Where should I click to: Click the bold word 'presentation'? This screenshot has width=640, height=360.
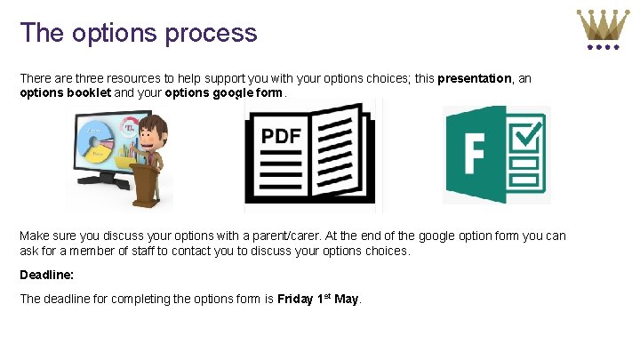pyautogui.click(x=475, y=78)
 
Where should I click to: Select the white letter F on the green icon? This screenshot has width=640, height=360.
pyautogui.click(x=472, y=156)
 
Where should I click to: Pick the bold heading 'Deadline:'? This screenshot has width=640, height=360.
pyautogui.click(x=46, y=276)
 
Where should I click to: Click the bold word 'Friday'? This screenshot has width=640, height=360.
pyautogui.click(x=295, y=299)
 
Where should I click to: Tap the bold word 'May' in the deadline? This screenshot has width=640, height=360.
pyautogui.click(x=347, y=299)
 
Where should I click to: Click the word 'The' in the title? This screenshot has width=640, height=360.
pyautogui.click(x=39, y=34)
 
